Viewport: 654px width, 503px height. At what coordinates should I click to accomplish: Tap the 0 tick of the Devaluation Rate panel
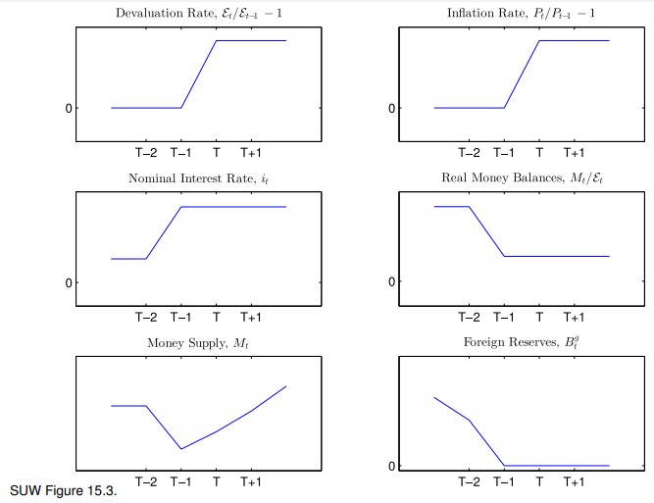click(x=69, y=108)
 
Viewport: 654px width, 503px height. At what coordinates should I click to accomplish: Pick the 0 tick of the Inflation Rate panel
click(x=391, y=108)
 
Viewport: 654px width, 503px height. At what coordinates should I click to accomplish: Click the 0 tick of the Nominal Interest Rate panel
click(x=69, y=283)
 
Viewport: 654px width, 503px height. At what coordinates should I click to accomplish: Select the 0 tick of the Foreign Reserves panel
click(x=391, y=466)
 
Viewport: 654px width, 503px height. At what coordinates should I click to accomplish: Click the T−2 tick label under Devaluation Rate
click(x=146, y=153)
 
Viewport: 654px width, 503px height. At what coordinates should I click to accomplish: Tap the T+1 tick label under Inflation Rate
click(x=574, y=153)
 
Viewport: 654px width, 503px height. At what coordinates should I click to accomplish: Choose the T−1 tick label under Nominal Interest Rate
click(x=181, y=318)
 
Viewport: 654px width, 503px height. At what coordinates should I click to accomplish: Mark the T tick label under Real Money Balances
click(x=539, y=318)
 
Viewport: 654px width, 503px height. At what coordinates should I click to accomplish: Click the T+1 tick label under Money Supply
click(x=251, y=482)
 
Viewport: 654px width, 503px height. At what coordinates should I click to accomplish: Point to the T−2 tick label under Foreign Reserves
click(x=469, y=482)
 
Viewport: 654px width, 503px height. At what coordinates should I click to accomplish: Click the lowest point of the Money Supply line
click(x=181, y=449)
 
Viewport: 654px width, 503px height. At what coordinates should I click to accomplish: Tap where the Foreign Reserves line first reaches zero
click(x=504, y=466)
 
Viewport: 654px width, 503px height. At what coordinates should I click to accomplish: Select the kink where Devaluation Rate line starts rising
click(x=181, y=108)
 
